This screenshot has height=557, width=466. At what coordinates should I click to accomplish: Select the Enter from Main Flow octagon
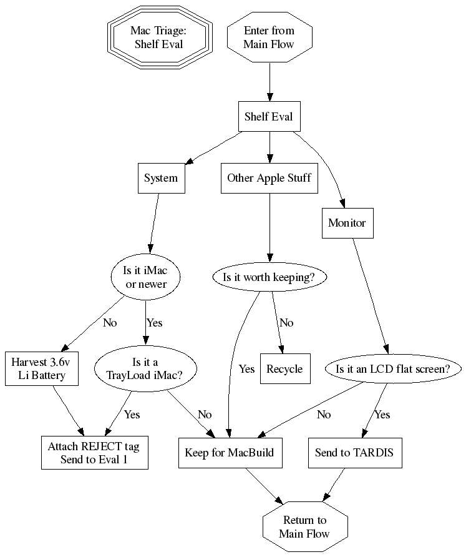tap(269, 37)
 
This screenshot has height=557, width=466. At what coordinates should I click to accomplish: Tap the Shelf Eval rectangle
tap(269, 117)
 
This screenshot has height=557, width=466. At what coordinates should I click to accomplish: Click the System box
tap(161, 178)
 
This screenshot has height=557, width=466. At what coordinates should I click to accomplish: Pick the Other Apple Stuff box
tap(269, 178)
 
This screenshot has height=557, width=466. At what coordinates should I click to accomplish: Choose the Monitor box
tap(347, 222)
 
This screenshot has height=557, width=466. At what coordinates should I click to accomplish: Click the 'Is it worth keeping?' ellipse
tap(269, 277)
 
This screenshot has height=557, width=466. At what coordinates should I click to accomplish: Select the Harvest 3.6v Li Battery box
tap(44, 368)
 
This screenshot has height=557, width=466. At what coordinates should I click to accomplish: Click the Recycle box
tap(284, 368)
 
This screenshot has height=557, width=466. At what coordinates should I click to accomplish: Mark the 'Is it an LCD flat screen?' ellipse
tap(393, 368)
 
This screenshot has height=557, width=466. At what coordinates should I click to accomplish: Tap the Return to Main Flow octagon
tap(304, 527)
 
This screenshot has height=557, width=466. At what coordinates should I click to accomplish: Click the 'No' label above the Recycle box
tap(286, 323)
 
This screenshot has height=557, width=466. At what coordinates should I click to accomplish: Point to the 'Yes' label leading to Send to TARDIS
tap(382, 415)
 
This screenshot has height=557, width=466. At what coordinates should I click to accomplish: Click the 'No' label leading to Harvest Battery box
tap(110, 323)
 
